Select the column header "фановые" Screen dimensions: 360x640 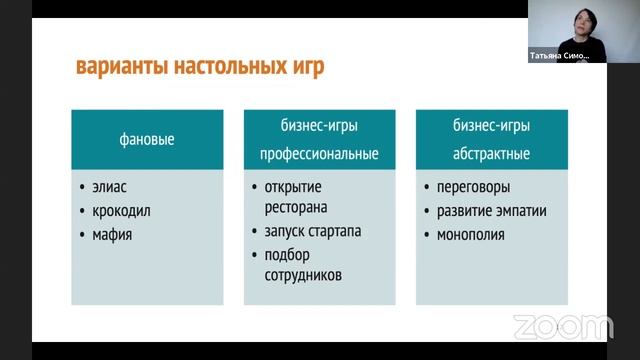147,140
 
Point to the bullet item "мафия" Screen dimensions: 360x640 112,236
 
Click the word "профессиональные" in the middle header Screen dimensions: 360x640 319,155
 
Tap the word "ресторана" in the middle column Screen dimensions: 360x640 299,206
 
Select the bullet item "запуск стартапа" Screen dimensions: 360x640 313,232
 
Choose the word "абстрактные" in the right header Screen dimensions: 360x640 491,155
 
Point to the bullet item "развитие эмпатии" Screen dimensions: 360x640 491,211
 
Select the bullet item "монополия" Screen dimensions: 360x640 470,236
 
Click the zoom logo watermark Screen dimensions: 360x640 562,327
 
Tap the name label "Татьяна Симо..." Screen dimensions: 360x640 559,56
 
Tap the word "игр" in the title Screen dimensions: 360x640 305,69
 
